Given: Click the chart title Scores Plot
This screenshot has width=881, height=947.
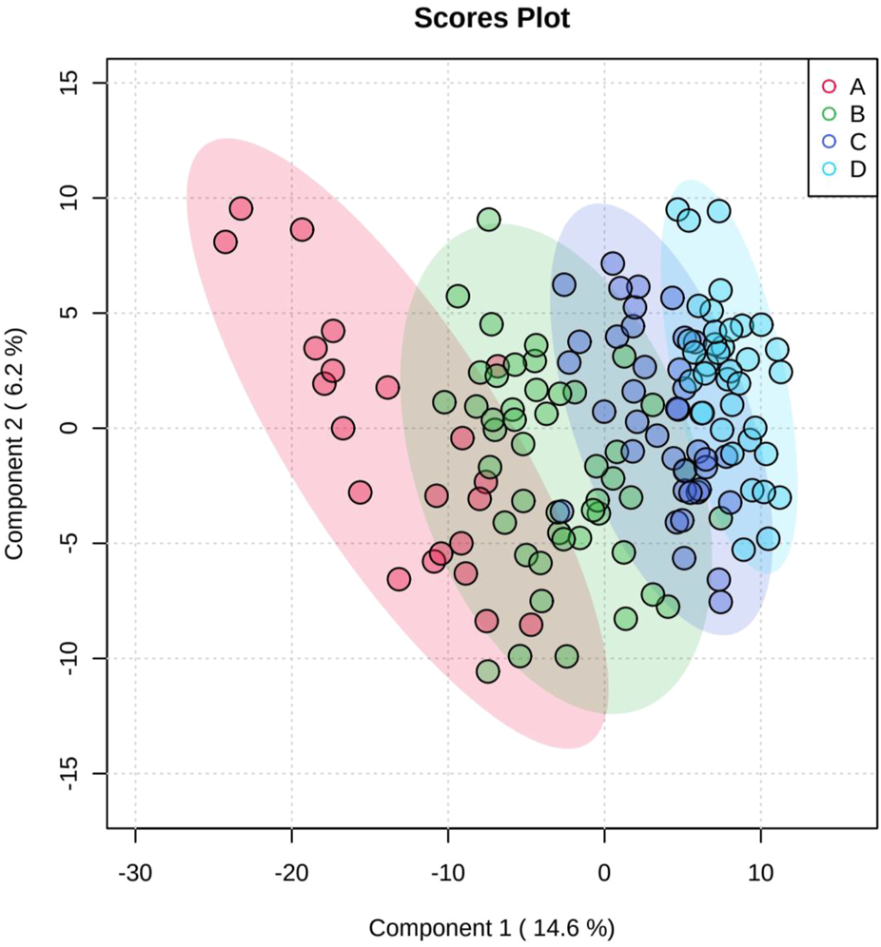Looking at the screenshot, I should click(492, 19).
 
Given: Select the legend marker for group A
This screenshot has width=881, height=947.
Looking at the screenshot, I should click(829, 87).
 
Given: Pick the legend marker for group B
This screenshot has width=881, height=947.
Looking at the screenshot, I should click(829, 113).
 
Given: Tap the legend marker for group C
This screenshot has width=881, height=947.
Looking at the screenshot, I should click(829, 141).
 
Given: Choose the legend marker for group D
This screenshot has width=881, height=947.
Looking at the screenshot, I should click(829, 168).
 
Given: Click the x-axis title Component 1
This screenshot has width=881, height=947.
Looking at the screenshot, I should click(492, 927).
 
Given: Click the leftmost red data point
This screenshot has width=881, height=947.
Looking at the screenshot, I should click(225, 242).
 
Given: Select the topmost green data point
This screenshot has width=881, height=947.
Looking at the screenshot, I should click(489, 220).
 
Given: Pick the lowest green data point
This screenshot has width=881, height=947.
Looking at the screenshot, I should click(488, 671).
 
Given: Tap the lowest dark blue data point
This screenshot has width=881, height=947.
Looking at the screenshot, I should click(721, 602).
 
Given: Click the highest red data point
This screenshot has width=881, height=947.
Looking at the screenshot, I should click(241, 208).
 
